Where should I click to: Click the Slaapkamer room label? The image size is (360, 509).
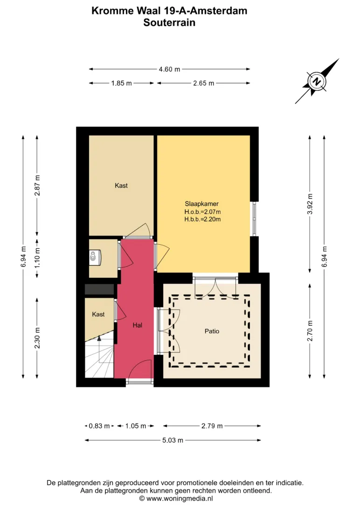point(201,204)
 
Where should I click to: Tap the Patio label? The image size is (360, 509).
point(212,331)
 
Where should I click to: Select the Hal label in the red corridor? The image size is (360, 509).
point(137,325)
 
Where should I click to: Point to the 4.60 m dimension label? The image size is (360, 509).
point(169,69)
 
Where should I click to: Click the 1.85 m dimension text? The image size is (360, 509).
point(121,83)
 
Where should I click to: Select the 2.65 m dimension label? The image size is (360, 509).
point(203,83)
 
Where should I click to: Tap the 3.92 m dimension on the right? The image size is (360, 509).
point(310,204)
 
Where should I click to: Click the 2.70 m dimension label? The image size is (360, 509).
point(310,331)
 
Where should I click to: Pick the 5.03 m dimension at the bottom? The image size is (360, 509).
point(173,440)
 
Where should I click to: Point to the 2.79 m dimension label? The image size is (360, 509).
point(212,426)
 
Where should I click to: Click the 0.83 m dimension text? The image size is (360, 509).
point(99,426)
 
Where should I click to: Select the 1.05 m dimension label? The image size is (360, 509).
point(136,426)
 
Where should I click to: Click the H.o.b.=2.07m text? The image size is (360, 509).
point(202,212)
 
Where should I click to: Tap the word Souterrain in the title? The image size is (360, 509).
point(169,22)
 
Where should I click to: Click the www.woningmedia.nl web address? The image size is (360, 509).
point(180,499)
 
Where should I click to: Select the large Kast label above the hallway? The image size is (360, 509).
point(121,186)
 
